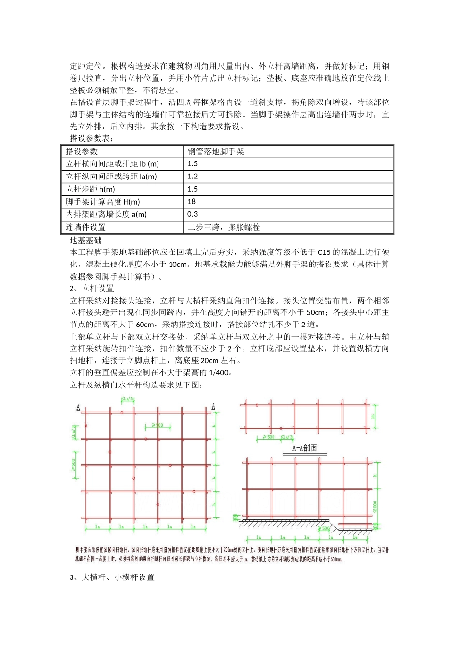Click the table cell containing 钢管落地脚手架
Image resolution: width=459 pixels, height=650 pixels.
[216, 152]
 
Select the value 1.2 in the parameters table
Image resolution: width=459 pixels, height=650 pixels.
[193, 177]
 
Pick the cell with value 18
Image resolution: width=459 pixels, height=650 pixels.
[192, 202]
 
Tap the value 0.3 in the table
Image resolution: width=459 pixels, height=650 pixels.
[193, 214]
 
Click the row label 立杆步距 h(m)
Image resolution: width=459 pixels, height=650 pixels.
[90, 189]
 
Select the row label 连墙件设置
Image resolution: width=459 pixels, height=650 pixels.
[86, 227]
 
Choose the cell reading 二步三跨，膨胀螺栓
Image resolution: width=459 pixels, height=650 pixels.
[224, 227]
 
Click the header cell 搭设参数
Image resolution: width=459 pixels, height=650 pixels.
[82, 152]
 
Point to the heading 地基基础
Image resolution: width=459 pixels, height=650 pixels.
[86, 240]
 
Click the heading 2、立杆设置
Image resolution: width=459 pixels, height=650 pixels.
[92, 288]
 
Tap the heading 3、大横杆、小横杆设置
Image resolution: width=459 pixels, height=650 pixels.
[112, 577]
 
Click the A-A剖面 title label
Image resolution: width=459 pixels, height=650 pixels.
[304, 448]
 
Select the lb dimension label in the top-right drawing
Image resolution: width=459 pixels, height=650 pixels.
[373, 416]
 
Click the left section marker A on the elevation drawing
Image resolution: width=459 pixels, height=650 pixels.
[78, 408]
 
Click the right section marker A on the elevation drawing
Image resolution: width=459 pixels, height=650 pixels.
[213, 407]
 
